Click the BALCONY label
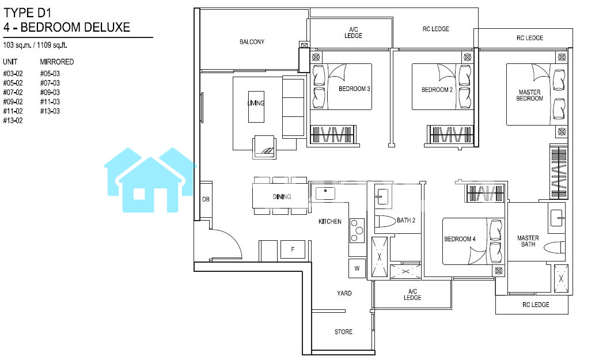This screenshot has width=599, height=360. [x=252, y=41]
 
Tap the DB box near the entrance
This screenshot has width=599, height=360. [x=206, y=199]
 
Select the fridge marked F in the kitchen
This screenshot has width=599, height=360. [x=293, y=249]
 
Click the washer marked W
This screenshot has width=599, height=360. [x=357, y=268]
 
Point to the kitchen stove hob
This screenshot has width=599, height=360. [x=358, y=230]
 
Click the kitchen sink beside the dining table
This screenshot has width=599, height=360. [x=325, y=194]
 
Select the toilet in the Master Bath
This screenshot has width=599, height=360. [x=555, y=247]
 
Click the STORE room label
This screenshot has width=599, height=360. [x=343, y=332]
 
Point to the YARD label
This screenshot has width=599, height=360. [x=344, y=293]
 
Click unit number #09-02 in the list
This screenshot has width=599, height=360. [x=13, y=102]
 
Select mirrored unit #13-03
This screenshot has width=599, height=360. [x=50, y=111]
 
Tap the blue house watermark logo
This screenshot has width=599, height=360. [x=150, y=180]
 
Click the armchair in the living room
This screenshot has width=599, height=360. [x=264, y=147]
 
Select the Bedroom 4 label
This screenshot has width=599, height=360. [x=460, y=239]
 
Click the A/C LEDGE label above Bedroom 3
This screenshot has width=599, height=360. [x=354, y=32]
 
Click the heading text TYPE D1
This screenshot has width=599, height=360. [x=27, y=13]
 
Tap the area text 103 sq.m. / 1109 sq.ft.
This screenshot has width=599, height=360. [x=35, y=45]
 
